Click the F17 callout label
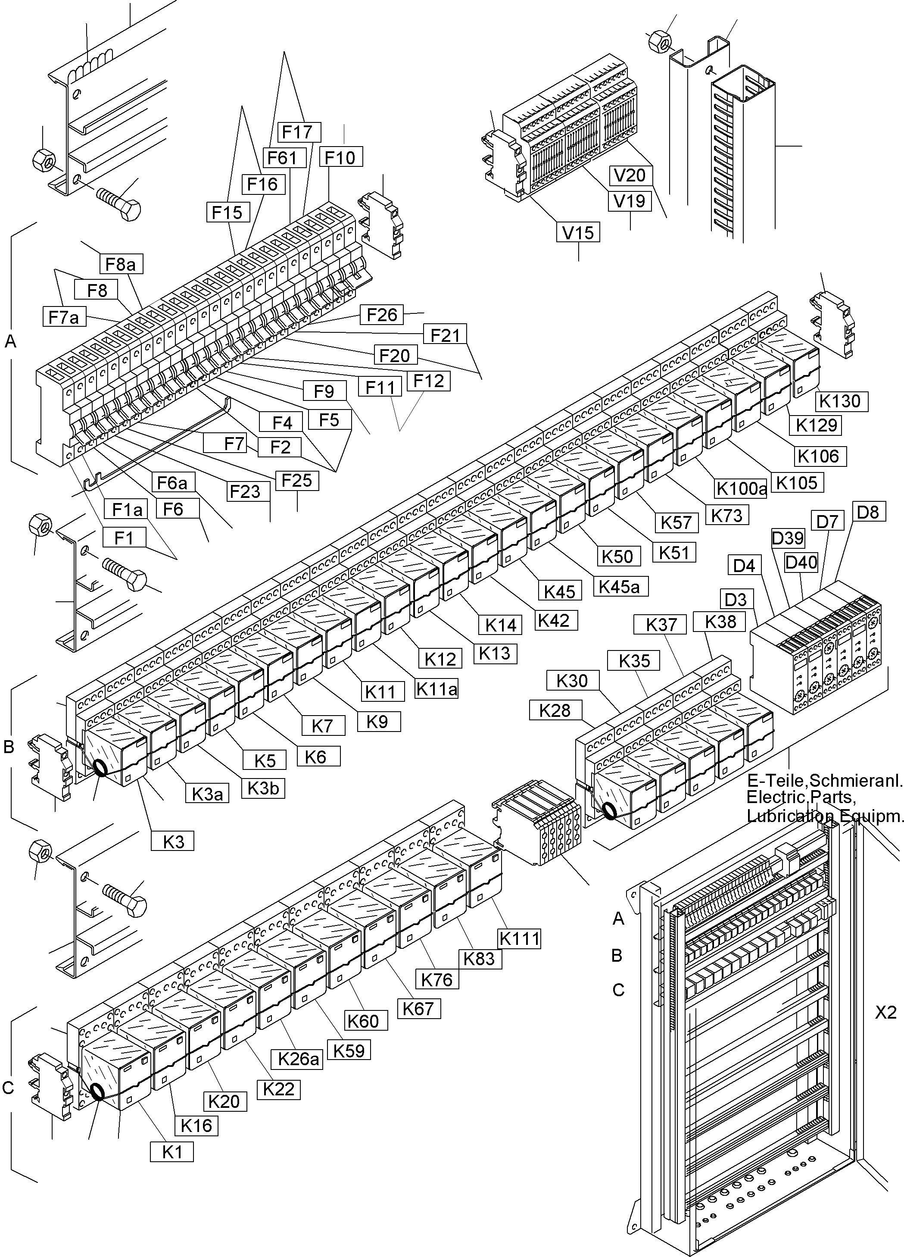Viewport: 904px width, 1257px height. pyautogui.click(x=297, y=132)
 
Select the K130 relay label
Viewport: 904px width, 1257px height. pyautogui.click(x=841, y=401)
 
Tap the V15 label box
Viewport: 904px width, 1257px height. pyautogui.click(x=578, y=233)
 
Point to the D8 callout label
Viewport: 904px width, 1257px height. pyautogui.click(x=867, y=512)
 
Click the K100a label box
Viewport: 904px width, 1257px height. pyautogui.click(x=742, y=488)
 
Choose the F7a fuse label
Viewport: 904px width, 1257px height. pyautogui.click(x=64, y=317)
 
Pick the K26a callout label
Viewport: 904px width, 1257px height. pyautogui.click(x=299, y=1059)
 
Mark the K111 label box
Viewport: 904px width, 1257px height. pyautogui.click(x=519, y=938)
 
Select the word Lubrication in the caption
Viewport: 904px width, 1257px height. pyautogui.click(x=790, y=816)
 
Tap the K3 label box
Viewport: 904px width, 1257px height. pyautogui.click(x=173, y=842)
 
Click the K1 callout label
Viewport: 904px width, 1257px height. pyautogui.click(x=172, y=1153)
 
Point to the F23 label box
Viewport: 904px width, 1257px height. pyautogui.click(x=245, y=491)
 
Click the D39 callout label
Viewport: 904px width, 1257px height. pyautogui.click(x=788, y=538)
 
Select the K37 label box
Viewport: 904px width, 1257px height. pyautogui.click(x=661, y=625)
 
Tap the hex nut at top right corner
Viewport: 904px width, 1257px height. pyautogui.click(x=659, y=41)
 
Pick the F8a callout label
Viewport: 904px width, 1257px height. pyautogui.click(x=121, y=264)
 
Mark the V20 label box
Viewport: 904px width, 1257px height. pyautogui.click(x=630, y=175)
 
